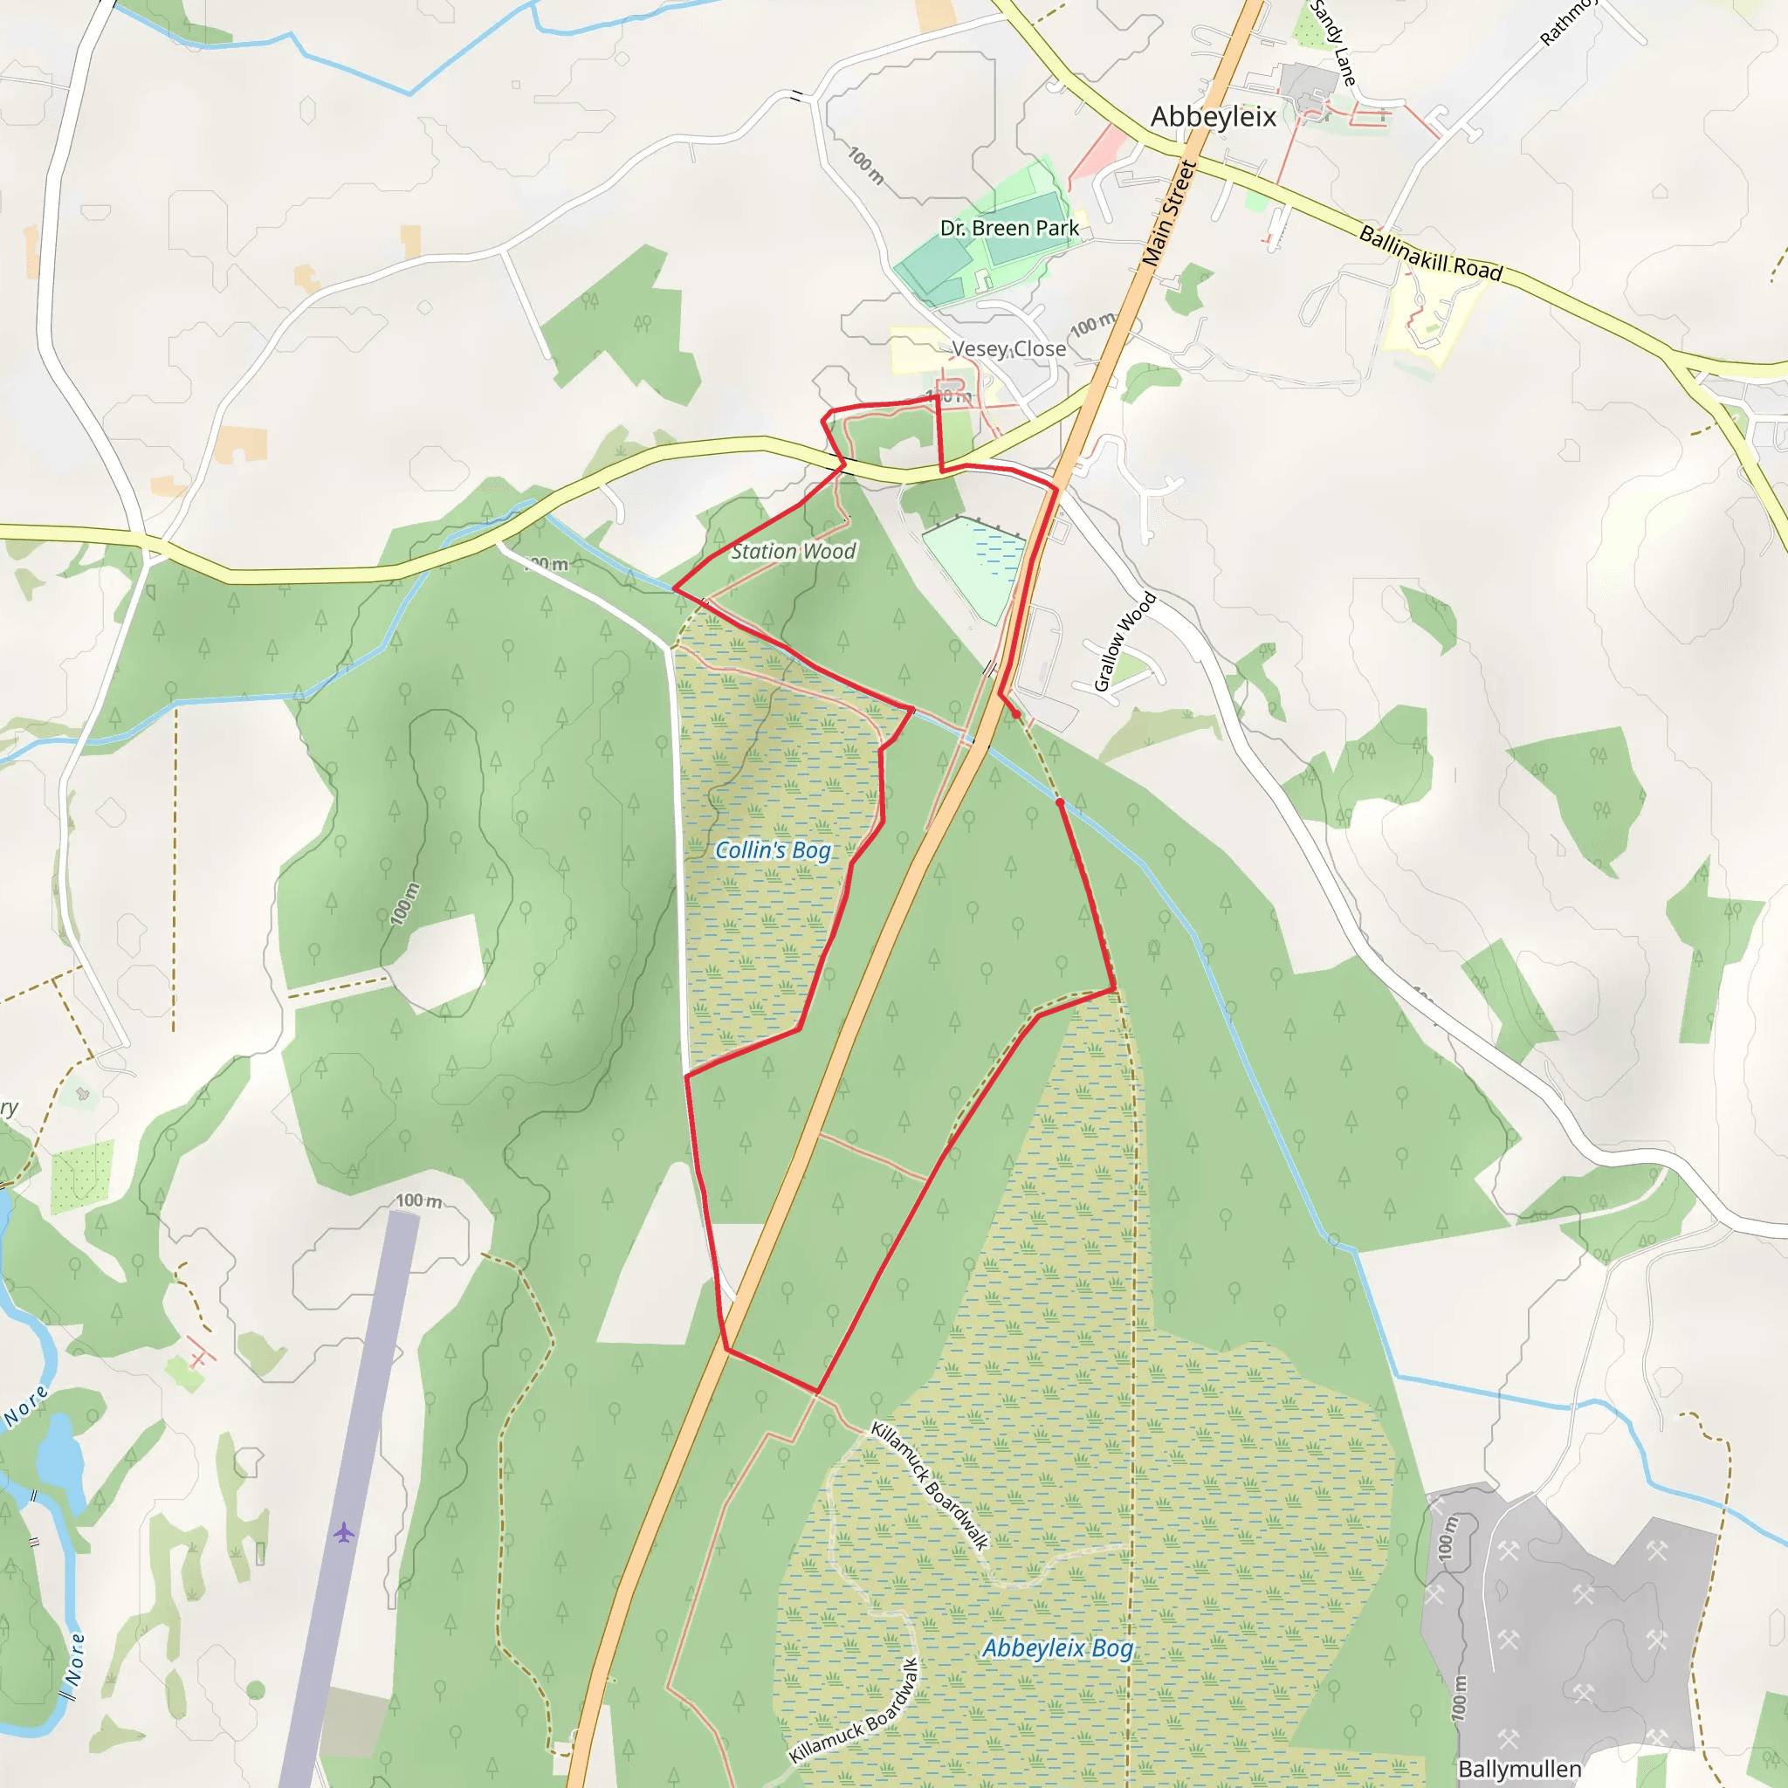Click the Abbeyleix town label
[1213, 117]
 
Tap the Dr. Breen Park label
[1008, 228]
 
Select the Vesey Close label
[1007, 349]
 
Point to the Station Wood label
[793, 552]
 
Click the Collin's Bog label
[773, 849]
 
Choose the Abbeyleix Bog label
[1057, 1647]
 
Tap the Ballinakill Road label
[1430, 251]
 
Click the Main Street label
[1170, 214]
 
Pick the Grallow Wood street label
[1124, 642]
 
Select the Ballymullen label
[1519, 1769]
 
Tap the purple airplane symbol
[344, 1532]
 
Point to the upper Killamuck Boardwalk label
[929, 1485]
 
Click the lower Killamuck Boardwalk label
[853, 1711]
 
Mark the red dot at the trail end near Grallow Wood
[1016, 714]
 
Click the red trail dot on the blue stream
[1060, 802]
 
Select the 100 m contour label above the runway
[418, 1200]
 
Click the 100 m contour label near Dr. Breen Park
[866, 165]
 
